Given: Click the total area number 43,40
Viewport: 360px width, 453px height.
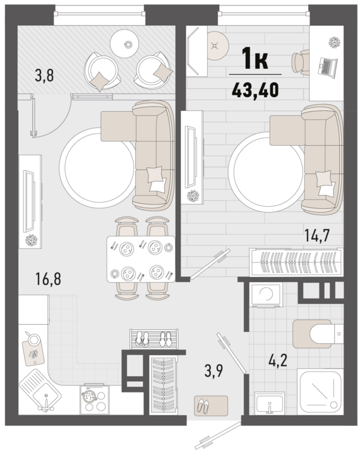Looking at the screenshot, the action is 255,89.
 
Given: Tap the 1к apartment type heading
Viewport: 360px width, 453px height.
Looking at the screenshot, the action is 255,59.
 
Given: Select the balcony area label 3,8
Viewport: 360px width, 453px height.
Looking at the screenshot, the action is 44,76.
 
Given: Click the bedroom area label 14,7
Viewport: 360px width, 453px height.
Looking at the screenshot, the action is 317,235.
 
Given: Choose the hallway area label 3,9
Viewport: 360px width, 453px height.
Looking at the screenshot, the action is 213,371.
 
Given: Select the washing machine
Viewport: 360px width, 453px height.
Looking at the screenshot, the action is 267,295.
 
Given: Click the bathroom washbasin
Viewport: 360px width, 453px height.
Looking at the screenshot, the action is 270,403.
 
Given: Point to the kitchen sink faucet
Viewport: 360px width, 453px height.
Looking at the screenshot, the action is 45,404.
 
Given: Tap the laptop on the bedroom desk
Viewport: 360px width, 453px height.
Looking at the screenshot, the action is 328,66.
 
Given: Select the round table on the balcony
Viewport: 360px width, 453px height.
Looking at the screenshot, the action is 123,44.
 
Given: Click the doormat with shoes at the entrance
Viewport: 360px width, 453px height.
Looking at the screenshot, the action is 211,406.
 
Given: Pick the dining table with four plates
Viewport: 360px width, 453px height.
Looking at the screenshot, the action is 141,259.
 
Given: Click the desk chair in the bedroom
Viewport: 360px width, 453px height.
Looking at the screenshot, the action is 300,62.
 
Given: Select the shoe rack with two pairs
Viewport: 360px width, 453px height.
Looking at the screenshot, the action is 153,339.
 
